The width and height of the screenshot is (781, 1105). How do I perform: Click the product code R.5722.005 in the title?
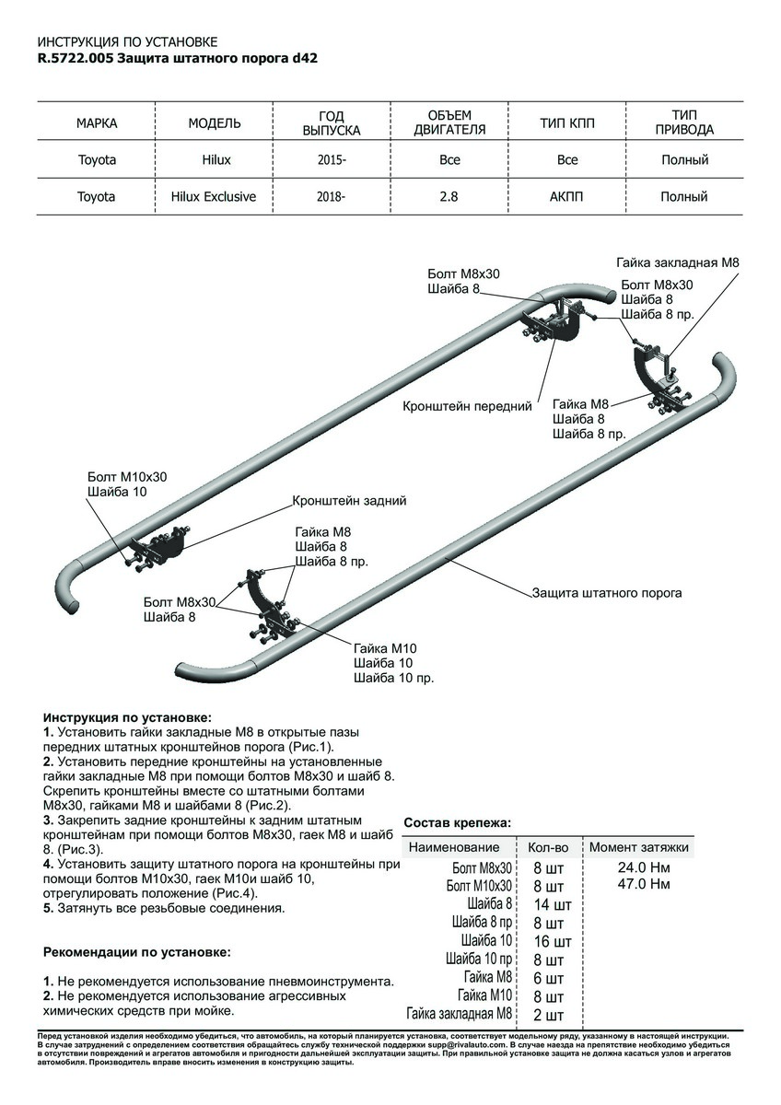coord(76,57)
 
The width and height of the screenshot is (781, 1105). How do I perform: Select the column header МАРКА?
coord(97,123)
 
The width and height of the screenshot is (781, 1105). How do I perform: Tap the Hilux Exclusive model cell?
coord(213,196)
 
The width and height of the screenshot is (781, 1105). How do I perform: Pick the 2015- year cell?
coord(332,160)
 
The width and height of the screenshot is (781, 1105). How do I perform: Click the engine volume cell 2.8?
coord(449,196)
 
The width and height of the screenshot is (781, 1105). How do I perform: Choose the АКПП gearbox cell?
coord(567,196)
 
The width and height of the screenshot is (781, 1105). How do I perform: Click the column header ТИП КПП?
coord(567,123)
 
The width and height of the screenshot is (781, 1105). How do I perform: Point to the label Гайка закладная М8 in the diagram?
coord(677,262)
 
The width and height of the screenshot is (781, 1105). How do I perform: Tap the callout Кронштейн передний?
coord(468,405)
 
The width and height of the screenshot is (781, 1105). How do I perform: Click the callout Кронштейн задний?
coord(349,501)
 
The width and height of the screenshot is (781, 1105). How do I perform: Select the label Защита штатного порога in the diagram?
coord(607,593)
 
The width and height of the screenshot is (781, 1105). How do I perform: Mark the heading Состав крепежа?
coord(457,822)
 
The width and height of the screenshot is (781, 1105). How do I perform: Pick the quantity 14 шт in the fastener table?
coord(552,906)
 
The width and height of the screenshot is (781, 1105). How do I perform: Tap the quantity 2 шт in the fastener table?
coord(549,1016)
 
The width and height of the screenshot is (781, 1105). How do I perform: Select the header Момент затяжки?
coord(638,847)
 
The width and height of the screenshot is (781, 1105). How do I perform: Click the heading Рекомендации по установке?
coord(136,951)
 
